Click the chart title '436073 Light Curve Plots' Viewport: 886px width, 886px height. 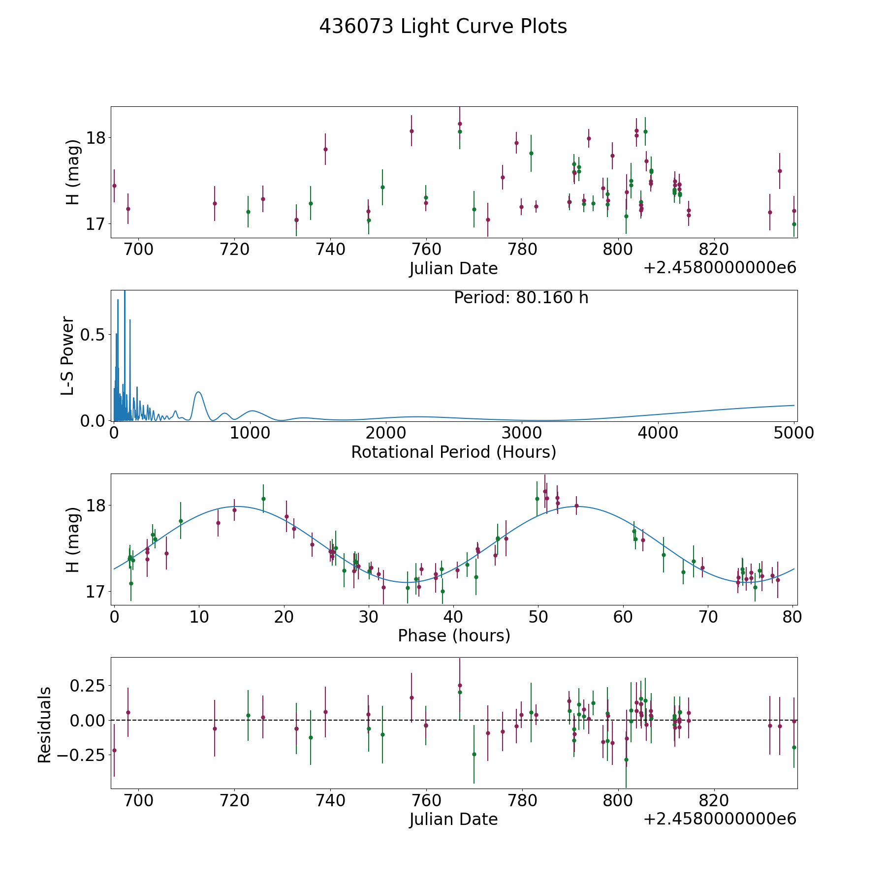pos(443,27)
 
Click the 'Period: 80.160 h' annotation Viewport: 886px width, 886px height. pos(521,298)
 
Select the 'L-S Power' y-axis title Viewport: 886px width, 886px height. pos(68,355)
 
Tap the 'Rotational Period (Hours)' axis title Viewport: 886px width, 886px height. pos(453,452)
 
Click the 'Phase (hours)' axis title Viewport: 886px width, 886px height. pos(454,635)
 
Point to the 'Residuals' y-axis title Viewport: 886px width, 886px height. pos(45,725)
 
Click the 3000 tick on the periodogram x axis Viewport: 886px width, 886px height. pos(522,433)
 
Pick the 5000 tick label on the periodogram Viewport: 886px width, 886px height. pos(793,433)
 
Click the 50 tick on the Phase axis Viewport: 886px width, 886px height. pos(538,616)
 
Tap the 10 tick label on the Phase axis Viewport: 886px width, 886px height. pos(199,616)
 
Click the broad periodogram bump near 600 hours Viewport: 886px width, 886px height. pos(198,392)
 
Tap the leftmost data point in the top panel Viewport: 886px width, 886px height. pos(114,186)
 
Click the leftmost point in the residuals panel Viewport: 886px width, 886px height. pos(114,750)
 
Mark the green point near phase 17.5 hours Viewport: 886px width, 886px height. pos(263,499)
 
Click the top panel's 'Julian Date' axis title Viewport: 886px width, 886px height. pos(453,269)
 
